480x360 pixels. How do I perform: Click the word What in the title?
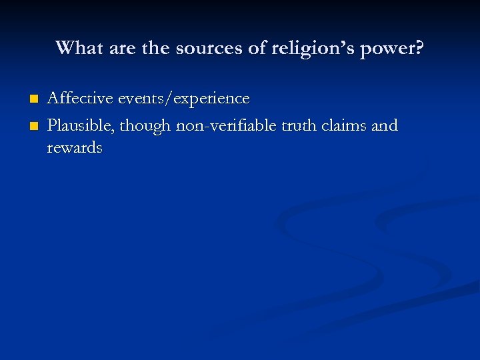[75, 48]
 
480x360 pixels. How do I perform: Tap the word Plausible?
[79, 125]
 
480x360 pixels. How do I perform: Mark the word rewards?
[75, 147]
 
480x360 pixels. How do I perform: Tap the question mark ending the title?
[418, 48]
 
